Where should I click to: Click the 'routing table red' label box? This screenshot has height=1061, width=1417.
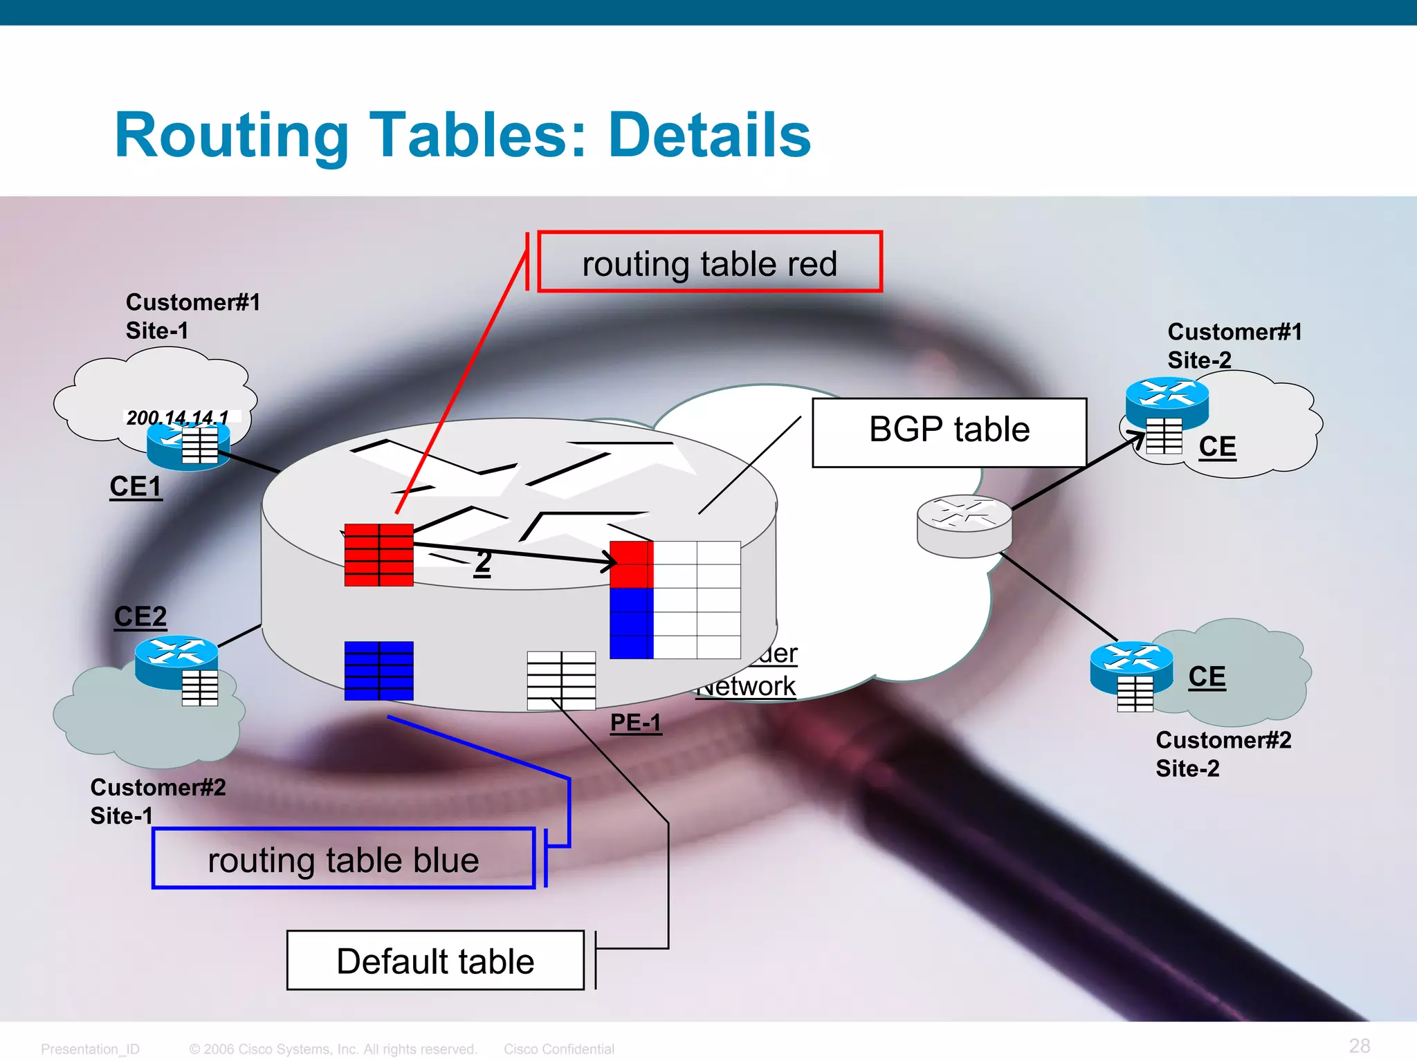[x=709, y=263]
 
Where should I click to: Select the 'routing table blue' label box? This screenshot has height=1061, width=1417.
[x=344, y=859]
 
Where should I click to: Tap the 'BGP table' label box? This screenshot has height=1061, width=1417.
[x=949, y=432]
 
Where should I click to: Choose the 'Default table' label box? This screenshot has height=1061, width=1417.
[x=435, y=961]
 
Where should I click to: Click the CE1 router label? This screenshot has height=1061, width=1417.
[x=136, y=487]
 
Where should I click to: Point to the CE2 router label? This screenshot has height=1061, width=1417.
[x=140, y=616]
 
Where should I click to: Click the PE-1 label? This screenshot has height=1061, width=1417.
[x=635, y=723]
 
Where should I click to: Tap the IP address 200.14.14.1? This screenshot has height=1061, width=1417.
[x=178, y=417]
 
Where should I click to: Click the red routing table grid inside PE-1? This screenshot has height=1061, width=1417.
[x=378, y=555]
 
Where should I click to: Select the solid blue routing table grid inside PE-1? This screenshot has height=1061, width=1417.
[x=378, y=670]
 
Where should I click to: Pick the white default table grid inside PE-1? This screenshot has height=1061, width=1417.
[x=561, y=680]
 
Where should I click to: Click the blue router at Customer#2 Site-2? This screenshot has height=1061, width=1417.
[x=1131, y=666]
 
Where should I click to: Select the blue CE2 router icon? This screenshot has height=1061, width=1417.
[x=176, y=660]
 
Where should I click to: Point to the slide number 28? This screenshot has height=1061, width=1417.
[x=1359, y=1045]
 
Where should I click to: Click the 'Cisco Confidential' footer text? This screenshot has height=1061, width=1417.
[x=558, y=1049]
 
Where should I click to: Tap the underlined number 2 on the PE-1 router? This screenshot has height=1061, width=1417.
[x=483, y=562]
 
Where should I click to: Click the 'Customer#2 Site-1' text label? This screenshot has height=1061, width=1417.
[x=158, y=801]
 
